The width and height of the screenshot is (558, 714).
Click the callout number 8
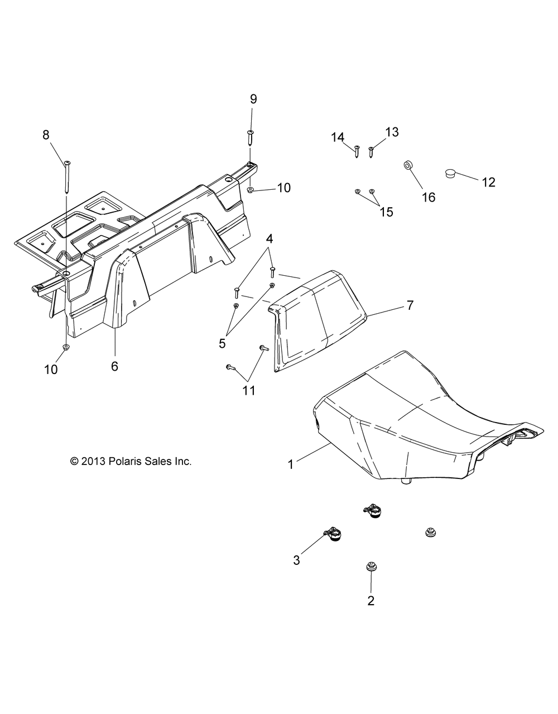(x=46, y=135)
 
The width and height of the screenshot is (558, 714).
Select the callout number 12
(x=489, y=182)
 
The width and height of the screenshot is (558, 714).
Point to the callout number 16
(x=429, y=197)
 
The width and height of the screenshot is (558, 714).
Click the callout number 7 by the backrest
(x=410, y=305)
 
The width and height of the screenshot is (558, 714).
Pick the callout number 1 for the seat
(x=290, y=463)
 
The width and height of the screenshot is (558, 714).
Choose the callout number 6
(x=115, y=366)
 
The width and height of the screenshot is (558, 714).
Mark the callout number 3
(x=296, y=560)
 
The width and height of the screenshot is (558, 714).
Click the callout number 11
(x=249, y=391)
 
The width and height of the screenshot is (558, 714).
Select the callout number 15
(x=386, y=212)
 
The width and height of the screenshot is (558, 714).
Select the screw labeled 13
(x=372, y=150)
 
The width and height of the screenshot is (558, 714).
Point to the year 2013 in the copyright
(x=92, y=461)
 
